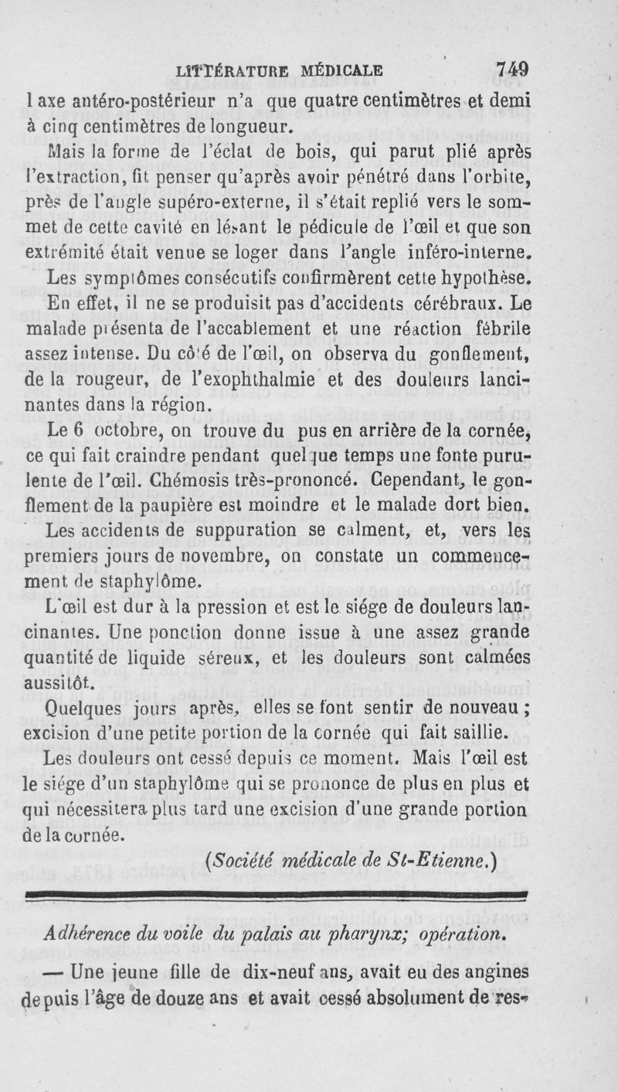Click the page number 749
pos(511,69)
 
